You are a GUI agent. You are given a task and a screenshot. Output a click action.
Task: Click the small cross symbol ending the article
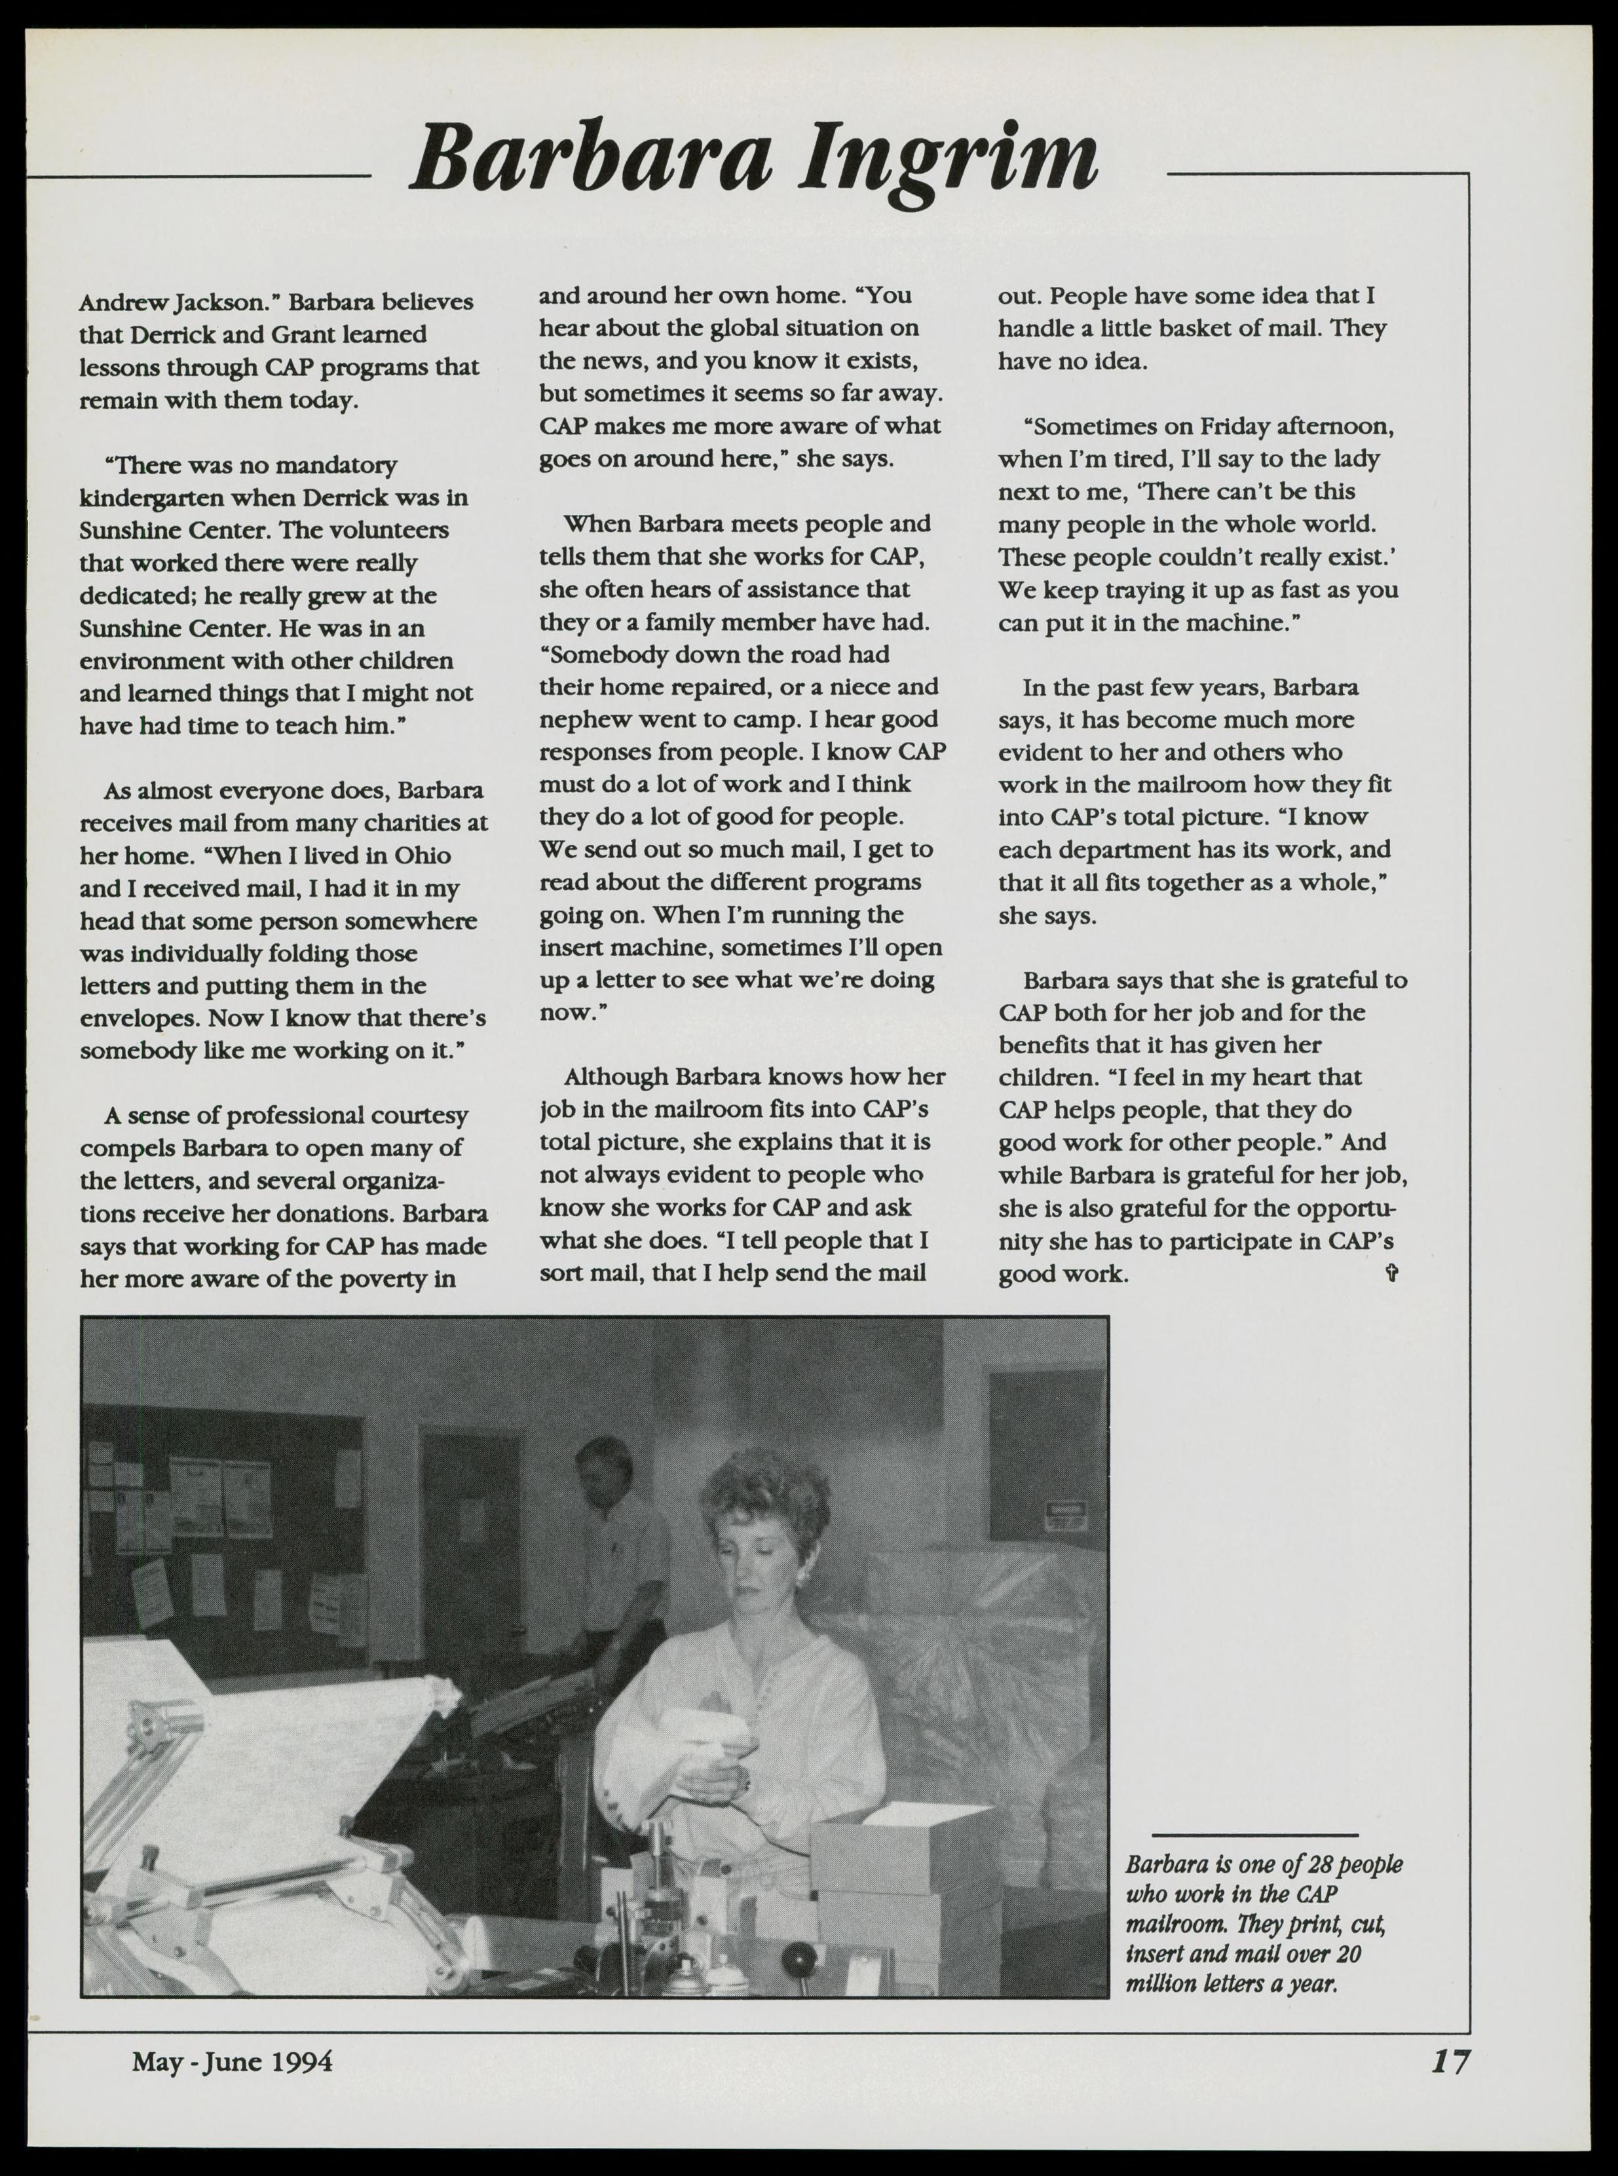[x=1392, y=1273]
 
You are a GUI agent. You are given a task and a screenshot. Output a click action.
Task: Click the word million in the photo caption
[x=1159, y=1984]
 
